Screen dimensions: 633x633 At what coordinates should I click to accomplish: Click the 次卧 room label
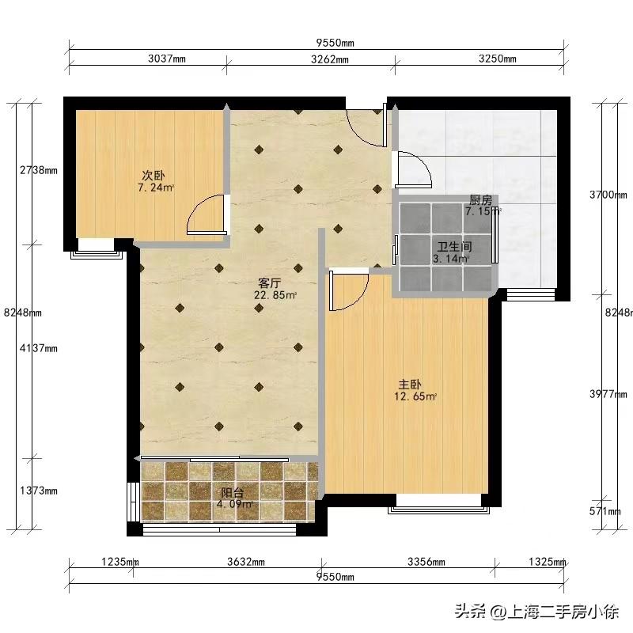pos(154,176)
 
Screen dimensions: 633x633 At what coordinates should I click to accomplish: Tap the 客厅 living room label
pos(270,282)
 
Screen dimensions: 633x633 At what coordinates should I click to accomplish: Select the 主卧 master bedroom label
pos(410,384)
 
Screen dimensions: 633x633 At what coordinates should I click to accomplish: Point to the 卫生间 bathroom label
pos(454,246)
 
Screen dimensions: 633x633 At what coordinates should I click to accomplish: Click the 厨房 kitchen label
pos(481,200)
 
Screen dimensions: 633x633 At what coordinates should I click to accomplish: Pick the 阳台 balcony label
pos(233,492)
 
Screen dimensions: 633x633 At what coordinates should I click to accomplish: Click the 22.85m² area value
pos(275,295)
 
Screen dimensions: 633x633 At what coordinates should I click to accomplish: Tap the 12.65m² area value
pos(415,396)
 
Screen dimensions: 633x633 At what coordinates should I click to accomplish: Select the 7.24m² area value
pos(156,188)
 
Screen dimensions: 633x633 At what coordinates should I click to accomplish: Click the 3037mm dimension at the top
pos(167,59)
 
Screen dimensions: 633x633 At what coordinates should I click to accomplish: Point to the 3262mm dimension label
pos(330,59)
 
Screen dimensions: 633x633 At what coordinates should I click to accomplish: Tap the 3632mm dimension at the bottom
pos(246,562)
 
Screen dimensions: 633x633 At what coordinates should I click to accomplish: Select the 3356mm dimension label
pos(426,562)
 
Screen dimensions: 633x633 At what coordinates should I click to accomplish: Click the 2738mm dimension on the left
pos(39,170)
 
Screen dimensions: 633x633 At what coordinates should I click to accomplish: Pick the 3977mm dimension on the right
pos(608,394)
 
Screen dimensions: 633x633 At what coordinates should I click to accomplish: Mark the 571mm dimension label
pos(605,511)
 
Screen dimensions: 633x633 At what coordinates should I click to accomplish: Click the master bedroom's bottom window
pos(439,510)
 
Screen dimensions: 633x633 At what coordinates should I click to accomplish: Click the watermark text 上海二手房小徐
pos(563,612)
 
